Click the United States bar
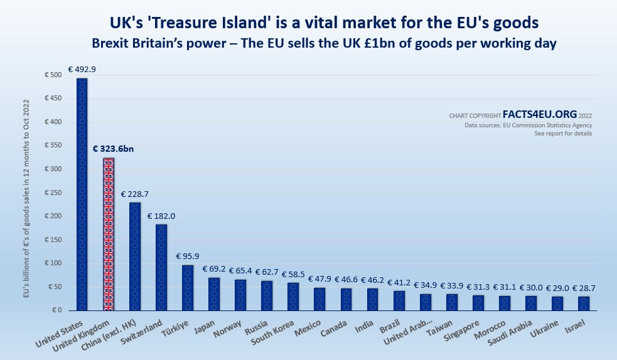tap(82, 194)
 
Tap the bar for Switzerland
tap(161, 267)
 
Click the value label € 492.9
tap(82, 70)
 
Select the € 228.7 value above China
tap(135, 194)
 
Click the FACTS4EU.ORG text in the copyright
tap(540, 115)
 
